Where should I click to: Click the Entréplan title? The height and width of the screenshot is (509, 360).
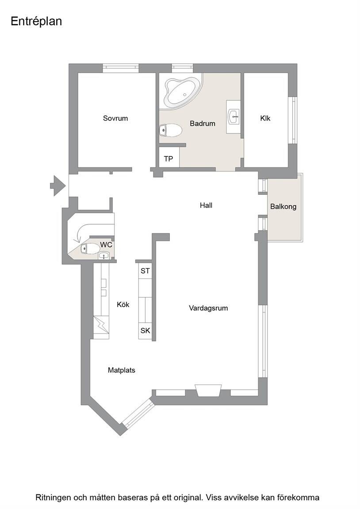coord(36,21)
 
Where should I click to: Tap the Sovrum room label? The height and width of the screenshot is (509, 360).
coord(115,118)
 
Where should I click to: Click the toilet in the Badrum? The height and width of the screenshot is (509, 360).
coord(171,130)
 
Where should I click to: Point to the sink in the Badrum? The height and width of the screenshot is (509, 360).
coord(234,117)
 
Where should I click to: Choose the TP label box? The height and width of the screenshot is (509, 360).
coord(169,159)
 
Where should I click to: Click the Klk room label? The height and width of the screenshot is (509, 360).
coord(265,118)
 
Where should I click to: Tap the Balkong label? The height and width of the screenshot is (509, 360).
coord(283,206)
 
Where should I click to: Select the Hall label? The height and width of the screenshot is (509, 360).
coord(206,205)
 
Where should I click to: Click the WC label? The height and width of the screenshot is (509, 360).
coord(106,244)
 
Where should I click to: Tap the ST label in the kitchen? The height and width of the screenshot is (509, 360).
coord(145,271)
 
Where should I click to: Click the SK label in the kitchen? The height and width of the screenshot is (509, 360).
coord(145,330)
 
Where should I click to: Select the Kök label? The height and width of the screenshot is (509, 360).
coord(123,304)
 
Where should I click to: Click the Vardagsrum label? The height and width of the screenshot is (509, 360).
coord(208,308)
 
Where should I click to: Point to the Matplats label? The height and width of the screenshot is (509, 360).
coord(122,370)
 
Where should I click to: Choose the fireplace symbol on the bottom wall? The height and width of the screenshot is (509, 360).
coord(208,391)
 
